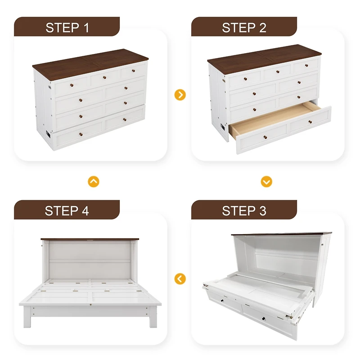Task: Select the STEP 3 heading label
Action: coord(244,210)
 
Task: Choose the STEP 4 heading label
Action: coord(67,210)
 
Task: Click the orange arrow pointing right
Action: coord(180,95)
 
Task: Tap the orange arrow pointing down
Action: coord(266,181)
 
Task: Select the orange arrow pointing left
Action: coord(180,279)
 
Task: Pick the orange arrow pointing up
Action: coord(93,181)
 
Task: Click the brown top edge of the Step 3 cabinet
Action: coord(279,234)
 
